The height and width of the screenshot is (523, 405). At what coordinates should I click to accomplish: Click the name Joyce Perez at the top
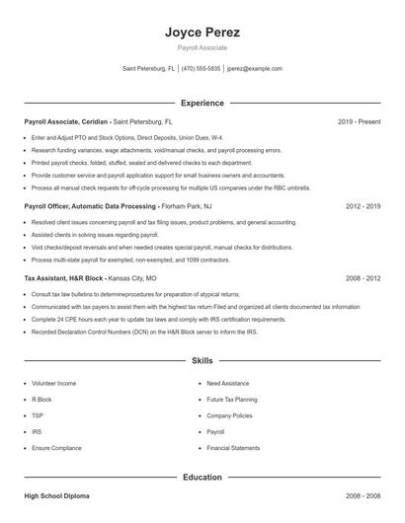(x=202, y=33)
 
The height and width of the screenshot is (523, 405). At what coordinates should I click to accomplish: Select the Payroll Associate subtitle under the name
(x=202, y=48)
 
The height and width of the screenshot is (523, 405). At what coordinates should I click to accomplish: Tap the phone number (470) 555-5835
(x=202, y=69)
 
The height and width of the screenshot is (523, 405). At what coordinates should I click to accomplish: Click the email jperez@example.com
(x=254, y=69)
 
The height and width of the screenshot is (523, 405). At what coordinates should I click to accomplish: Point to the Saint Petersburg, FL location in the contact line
(x=148, y=69)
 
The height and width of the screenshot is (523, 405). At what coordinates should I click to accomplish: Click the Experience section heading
(x=202, y=103)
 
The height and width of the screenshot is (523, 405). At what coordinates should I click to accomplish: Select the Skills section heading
(x=202, y=361)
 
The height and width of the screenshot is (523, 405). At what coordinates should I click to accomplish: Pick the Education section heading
(x=202, y=478)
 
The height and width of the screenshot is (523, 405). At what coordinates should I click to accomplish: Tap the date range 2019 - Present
(x=359, y=122)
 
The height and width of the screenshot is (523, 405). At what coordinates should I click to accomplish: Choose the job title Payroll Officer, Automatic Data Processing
(x=89, y=207)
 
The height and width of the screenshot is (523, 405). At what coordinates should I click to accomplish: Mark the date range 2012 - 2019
(x=363, y=207)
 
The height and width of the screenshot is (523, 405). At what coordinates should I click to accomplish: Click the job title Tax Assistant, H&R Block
(x=59, y=279)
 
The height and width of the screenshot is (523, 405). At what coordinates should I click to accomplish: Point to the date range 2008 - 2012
(x=363, y=279)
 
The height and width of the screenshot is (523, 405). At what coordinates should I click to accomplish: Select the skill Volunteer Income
(x=53, y=383)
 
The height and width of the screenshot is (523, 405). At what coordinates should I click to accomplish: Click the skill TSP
(x=39, y=415)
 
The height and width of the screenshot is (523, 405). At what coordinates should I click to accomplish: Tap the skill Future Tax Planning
(x=231, y=400)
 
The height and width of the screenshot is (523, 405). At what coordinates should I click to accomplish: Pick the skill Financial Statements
(x=233, y=448)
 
